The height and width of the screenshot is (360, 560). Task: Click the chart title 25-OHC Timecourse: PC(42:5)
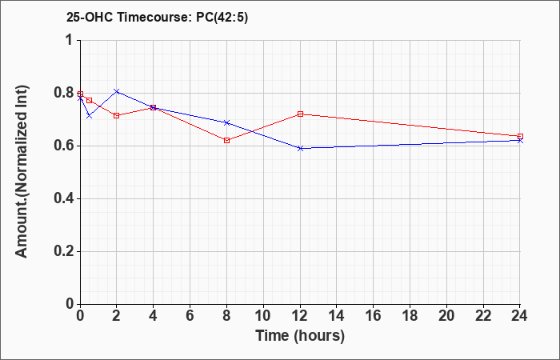click(x=157, y=18)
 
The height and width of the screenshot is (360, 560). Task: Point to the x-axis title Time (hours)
click(x=300, y=336)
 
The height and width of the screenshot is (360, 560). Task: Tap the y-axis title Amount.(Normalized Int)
click(x=22, y=171)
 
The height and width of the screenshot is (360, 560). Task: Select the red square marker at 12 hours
click(x=300, y=114)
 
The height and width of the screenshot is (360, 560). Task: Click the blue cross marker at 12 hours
click(x=300, y=148)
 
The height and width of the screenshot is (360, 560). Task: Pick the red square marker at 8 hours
click(x=226, y=140)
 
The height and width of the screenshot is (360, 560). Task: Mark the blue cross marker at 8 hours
click(x=226, y=122)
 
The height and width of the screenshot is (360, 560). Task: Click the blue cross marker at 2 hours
click(x=117, y=91)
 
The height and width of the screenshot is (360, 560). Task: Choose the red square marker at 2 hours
click(x=117, y=116)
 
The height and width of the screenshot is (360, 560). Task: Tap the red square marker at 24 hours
click(x=520, y=136)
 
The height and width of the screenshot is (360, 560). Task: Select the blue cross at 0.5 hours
click(x=90, y=116)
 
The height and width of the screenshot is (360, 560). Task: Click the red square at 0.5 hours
click(x=90, y=100)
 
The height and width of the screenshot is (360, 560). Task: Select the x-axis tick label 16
click(x=374, y=316)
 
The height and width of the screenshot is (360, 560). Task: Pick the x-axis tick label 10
click(x=263, y=316)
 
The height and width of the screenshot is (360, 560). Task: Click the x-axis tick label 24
click(x=519, y=316)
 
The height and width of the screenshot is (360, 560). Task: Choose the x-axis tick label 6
click(x=190, y=316)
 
